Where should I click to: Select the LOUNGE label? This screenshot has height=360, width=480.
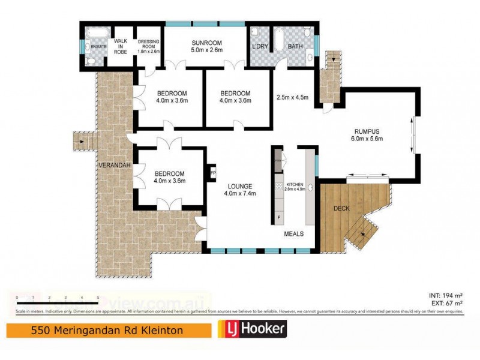[x=239, y=186]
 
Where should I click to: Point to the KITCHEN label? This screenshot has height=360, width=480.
[x=295, y=184]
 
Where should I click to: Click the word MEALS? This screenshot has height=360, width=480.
[x=294, y=234]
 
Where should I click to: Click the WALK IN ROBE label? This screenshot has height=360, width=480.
[x=122, y=47]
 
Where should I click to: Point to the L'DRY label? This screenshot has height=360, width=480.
[x=260, y=46]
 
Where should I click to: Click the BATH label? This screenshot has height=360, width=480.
[x=295, y=46]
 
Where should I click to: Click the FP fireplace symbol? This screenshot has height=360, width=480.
[x=212, y=173]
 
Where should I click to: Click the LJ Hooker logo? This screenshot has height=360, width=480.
[x=251, y=329]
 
